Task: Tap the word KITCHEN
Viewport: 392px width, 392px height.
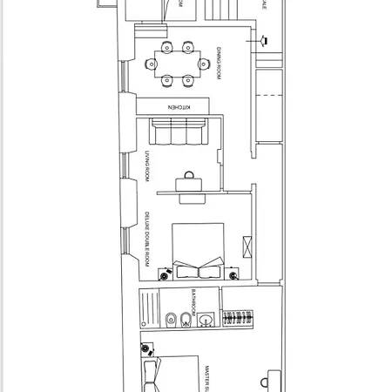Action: (x=176, y=106)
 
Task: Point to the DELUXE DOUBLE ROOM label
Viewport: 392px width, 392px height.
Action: (x=147, y=237)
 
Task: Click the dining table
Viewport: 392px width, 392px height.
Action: (x=177, y=63)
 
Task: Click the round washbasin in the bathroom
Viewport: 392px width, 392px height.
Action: (x=206, y=321)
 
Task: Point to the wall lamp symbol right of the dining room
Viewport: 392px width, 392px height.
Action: (x=261, y=39)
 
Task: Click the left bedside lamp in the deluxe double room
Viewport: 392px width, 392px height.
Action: (x=164, y=275)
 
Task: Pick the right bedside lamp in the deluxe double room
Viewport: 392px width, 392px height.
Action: (x=234, y=275)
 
